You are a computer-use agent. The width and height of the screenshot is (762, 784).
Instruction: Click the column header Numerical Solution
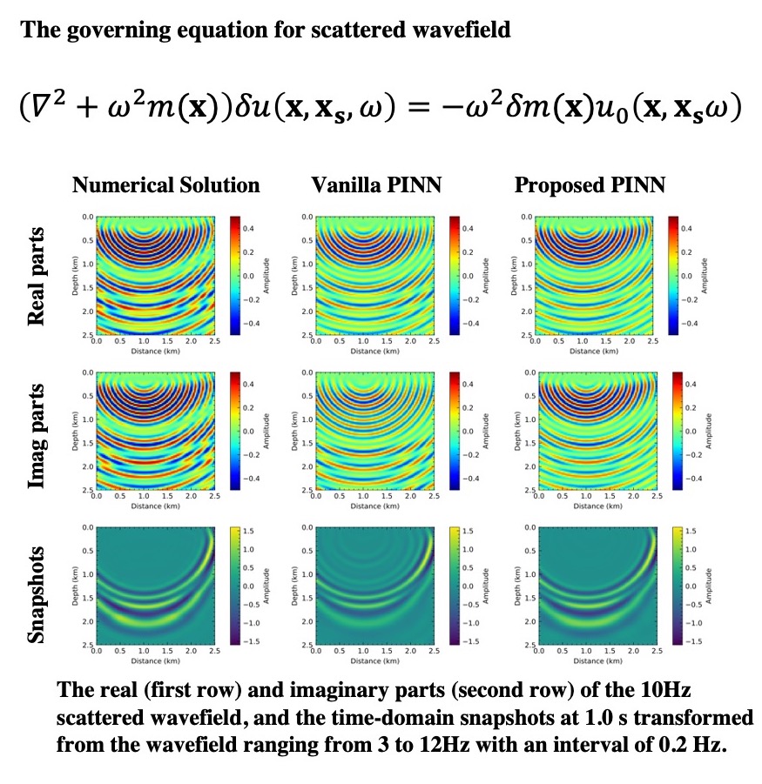point(165,184)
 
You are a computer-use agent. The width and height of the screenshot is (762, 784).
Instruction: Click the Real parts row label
point(36,277)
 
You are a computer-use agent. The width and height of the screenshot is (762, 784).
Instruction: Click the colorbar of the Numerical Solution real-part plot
point(235,275)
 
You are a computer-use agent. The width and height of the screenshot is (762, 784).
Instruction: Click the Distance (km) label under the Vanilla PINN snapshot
point(375,661)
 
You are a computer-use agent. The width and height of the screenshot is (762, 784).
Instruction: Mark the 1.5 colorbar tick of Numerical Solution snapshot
point(247,530)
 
